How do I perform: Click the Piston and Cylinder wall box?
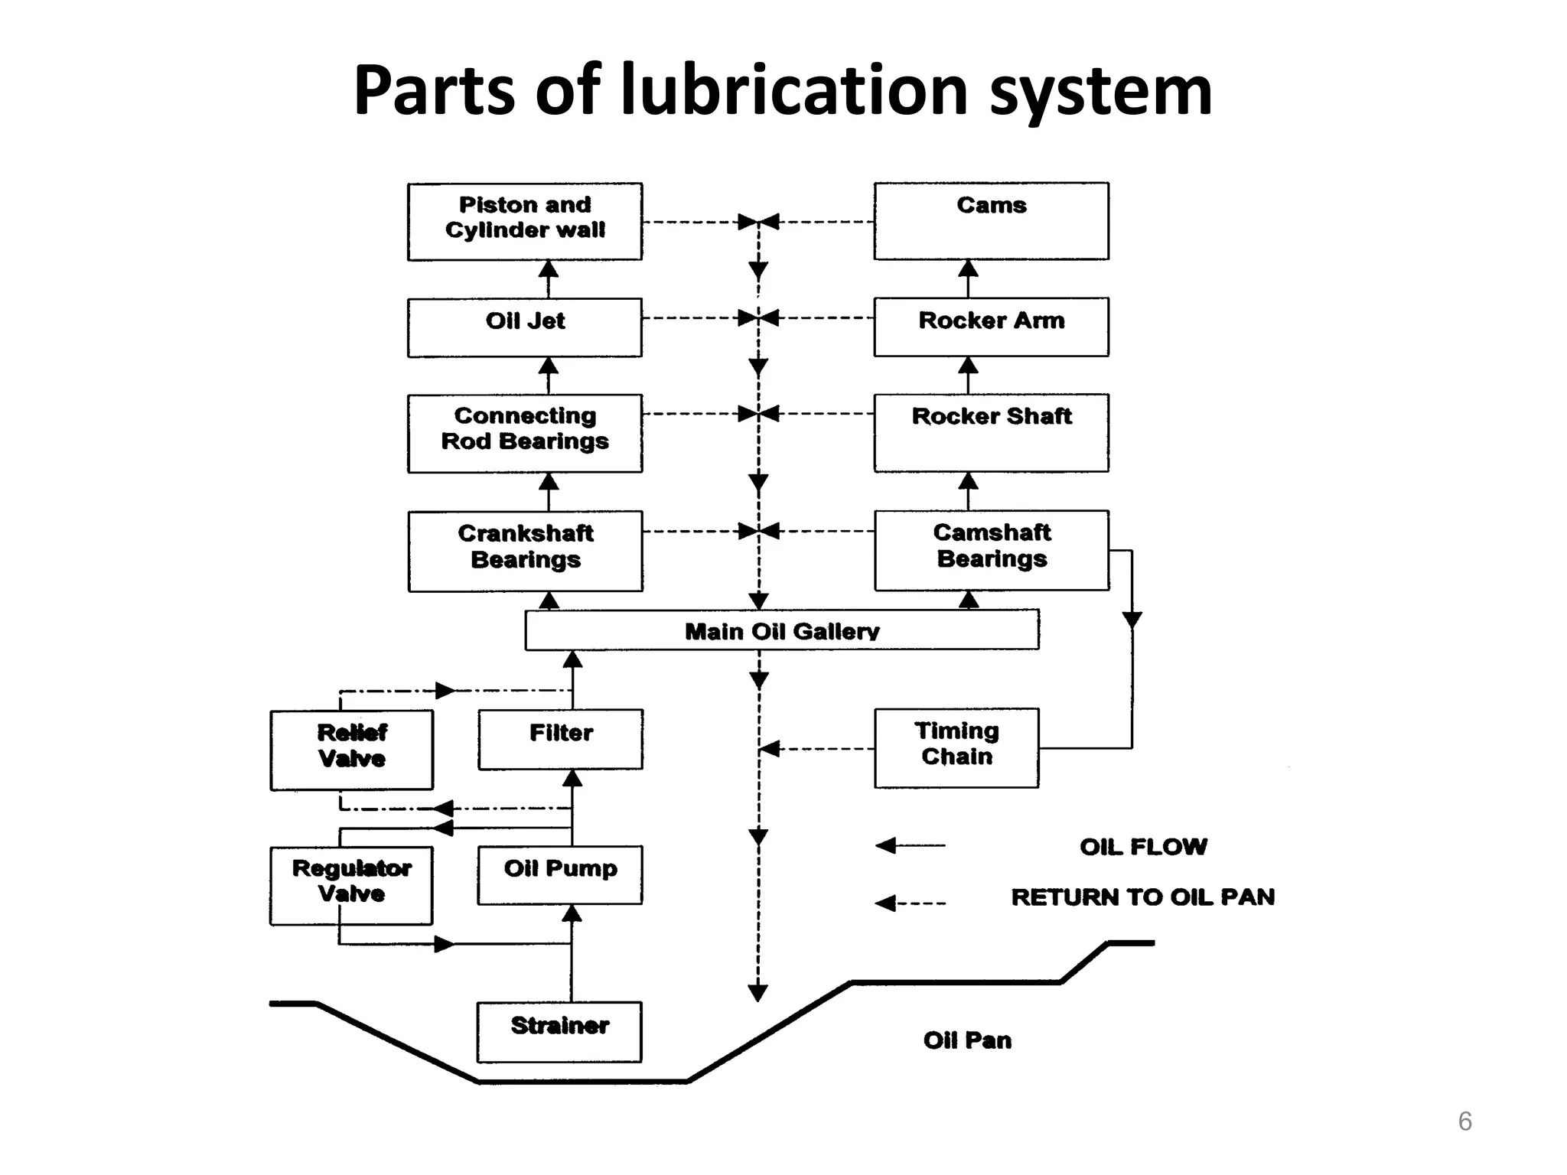pyautogui.click(x=525, y=221)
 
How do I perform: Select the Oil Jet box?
pyautogui.click(x=525, y=327)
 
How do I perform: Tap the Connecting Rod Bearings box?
pyautogui.click(x=525, y=432)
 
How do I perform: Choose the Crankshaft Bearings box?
pyautogui.click(x=525, y=550)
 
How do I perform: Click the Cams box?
pyautogui.click(x=991, y=220)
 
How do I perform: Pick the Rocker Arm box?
pyautogui.click(x=991, y=327)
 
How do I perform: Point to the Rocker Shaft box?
pyautogui.click(x=991, y=432)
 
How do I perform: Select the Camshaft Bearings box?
pyautogui.click(x=991, y=549)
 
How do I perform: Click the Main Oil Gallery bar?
pyautogui.click(x=782, y=630)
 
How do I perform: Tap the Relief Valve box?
pyautogui.click(x=351, y=749)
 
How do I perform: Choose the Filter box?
pyautogui.click(x=560, y=738)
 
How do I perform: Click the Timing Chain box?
pyautogui.click(x=956, y=747)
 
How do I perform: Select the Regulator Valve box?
pyautogui.click(x=351, y=884)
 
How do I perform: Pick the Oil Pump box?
pyautogui.click(x=560, y=874)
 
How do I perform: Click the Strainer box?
pyautogui.click(x=559, y=1030)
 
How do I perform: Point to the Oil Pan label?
pyautogui.click(x=967, y=1040)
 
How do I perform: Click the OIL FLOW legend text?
pyautogui.click(x=1143, y=847)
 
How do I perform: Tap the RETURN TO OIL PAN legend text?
pyautogui.click(x=1143, y=897)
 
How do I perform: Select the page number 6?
pyautogui.click(x=1464, y=1121)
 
